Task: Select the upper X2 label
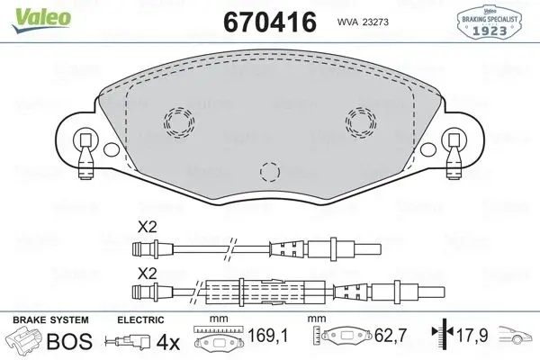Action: pyautogui.click(x=146, y=229)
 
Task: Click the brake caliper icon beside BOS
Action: pyautogui.click(x=24, y=341)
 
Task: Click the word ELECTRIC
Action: pyautogui.click(x=140, y=319)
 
